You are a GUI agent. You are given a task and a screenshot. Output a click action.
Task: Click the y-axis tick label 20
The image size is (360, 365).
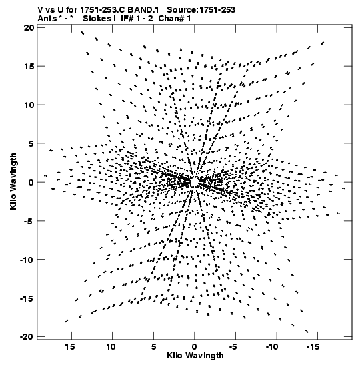(29, 28)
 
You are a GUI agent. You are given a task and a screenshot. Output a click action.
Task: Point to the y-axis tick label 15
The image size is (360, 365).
(29, 66)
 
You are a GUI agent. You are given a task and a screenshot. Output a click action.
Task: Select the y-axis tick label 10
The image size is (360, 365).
(29, 105)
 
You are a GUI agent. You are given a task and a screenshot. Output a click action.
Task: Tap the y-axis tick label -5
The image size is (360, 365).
(29, 221)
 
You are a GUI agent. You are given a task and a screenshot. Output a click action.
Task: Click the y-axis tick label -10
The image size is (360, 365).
(27, 260)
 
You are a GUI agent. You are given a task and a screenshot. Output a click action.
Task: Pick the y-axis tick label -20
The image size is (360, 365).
(27, 336)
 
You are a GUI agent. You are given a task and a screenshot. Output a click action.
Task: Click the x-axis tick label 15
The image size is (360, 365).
(70, 347)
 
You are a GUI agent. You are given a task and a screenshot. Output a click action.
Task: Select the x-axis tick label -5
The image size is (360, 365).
(233, 347)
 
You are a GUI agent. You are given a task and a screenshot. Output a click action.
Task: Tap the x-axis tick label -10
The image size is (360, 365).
(272, 347)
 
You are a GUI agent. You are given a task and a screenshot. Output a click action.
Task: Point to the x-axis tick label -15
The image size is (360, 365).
(313, 347)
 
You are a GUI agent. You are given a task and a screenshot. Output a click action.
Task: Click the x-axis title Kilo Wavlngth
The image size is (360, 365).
(195, 356)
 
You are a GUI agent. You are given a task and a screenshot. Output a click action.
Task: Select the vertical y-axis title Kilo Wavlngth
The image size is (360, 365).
(13, 181)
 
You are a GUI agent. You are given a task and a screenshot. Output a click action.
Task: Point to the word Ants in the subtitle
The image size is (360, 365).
(47, 19)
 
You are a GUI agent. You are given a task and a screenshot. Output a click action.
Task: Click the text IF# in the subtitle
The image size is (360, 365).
(128, 19)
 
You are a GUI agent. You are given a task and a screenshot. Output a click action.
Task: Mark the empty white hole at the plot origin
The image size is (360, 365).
(195, 181)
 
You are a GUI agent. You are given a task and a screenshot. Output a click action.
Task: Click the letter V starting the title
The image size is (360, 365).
(40, 10)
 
